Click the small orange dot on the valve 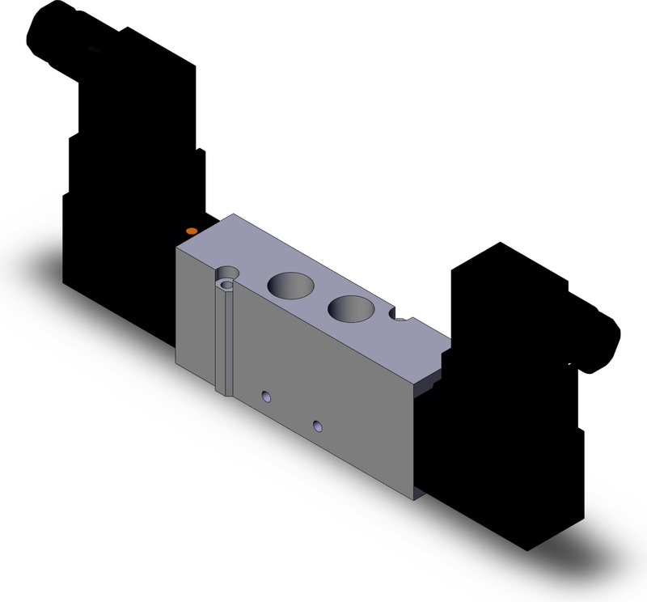[x=191, y=232]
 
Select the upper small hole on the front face [x=264, y=396]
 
